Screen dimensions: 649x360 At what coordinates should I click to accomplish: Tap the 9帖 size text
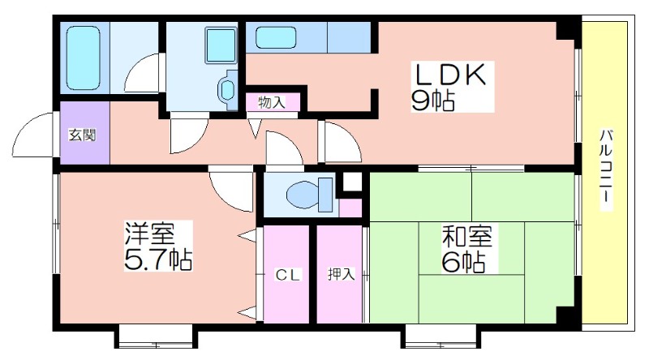432,101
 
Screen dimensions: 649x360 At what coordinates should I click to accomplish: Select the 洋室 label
150,234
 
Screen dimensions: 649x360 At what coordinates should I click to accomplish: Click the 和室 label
467,237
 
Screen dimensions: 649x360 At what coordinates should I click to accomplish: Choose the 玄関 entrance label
83,135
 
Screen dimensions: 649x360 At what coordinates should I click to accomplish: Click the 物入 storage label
272,102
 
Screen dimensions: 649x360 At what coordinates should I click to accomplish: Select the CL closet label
288,275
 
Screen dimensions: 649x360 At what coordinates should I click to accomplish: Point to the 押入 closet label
341,274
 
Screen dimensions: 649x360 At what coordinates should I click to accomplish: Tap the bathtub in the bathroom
84,58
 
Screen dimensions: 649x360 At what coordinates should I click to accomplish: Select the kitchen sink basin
276,37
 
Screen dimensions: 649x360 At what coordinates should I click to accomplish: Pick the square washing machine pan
221,45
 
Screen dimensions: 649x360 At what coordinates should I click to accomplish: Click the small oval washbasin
227,90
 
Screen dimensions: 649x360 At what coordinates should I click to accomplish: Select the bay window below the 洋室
156,336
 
